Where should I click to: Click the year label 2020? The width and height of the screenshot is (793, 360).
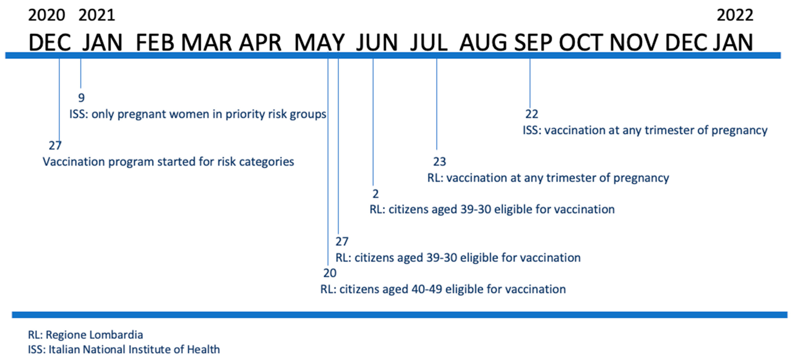(47, 15)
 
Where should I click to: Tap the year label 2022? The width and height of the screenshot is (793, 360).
(735, 15)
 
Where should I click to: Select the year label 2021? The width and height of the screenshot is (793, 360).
(97, 15)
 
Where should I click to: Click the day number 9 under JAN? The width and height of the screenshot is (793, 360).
(81, 98)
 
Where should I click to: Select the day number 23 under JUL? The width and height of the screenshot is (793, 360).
(439, 162)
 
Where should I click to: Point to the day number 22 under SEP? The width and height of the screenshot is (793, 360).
(532, 114)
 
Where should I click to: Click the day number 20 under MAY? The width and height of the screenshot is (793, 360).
(330, 273)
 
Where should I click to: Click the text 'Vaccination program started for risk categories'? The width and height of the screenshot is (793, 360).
(168, 162)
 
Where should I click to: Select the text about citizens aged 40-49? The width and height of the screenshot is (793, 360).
(443, 289)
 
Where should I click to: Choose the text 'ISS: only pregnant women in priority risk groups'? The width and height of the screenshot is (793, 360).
(198, 114)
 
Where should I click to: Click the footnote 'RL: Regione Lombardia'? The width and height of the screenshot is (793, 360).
(85, 335)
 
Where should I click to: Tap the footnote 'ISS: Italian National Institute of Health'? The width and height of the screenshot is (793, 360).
(124, 349)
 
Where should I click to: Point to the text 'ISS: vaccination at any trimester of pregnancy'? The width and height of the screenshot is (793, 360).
(645, 130)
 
